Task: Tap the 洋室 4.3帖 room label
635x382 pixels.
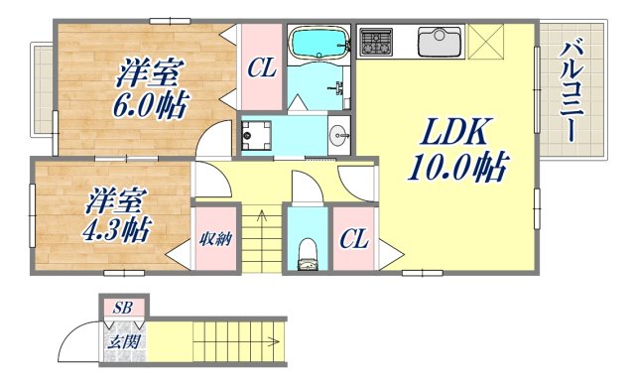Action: [x=117, y=216]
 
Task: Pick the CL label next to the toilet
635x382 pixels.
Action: [x=350, y=239]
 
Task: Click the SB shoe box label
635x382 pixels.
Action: [x=124, y=307]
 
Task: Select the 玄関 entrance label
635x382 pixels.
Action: [x=123, y=343]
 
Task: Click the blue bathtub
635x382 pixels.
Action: [x=317, y=44]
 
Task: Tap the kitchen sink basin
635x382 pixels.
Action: [x=437, y=43]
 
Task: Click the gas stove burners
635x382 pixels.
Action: [x=377, y=43]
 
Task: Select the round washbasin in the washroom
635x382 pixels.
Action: [x=339, y=133]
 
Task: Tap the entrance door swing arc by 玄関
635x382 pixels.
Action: [x=79, y=346]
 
